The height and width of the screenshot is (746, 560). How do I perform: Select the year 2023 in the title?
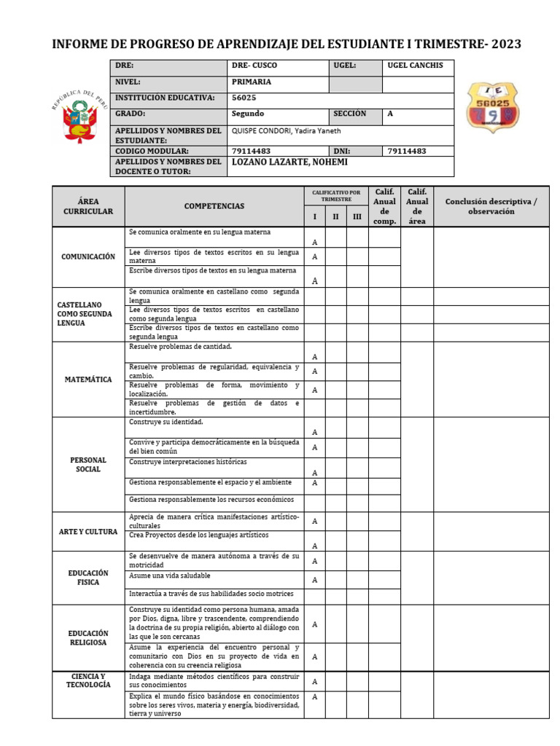tap(506, 44)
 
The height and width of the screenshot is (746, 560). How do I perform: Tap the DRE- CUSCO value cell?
tap(254, 66)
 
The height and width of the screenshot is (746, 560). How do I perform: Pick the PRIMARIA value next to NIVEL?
tap(252, 82)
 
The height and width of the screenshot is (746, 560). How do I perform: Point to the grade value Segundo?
tap(248, 114)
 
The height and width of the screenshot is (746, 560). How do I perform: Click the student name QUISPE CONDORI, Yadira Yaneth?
tap(286, 131)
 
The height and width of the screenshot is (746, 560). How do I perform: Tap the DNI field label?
tap(343, 151)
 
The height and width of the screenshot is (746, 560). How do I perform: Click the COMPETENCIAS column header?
tap(214, 206)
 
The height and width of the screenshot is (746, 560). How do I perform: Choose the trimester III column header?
tap(357, 217)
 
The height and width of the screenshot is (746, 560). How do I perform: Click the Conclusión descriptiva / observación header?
tap(491, 206)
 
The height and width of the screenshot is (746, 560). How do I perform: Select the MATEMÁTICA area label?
tap(88, 380)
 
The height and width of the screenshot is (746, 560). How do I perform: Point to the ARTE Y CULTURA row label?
tap(88, 532)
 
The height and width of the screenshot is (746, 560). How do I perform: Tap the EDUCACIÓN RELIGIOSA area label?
tap(88, 638)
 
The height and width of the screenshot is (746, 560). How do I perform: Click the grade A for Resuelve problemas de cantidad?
tap(315, 357)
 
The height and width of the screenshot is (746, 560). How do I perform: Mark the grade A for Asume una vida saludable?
tap(315, 581)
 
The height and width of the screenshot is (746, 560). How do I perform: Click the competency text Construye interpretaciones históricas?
tap(188, 462)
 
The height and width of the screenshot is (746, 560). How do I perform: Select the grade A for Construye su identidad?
tap(315, 432)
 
